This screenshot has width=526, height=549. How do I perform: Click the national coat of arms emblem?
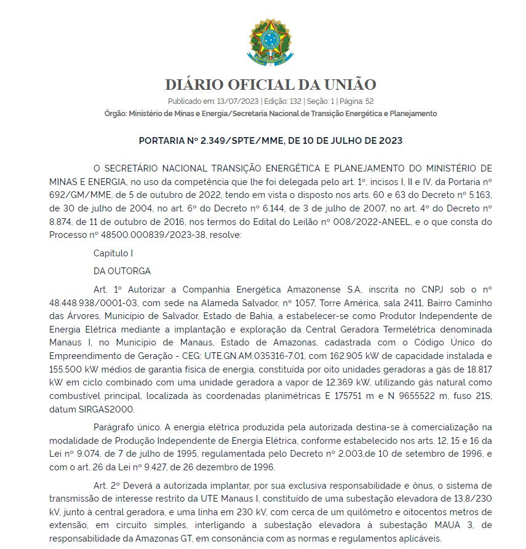point(266,42)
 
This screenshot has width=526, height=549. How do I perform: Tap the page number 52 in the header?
point(370,101)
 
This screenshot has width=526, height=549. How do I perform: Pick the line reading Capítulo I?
point(113,253)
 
